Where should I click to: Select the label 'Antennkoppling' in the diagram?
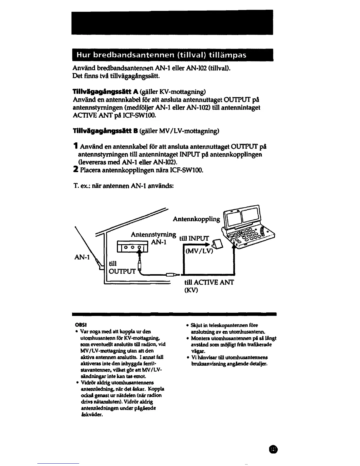196,219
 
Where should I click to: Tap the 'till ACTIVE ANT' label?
209,283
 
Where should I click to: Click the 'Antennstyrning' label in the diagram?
153,235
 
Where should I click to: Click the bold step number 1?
76,147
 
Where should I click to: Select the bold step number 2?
76,170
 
